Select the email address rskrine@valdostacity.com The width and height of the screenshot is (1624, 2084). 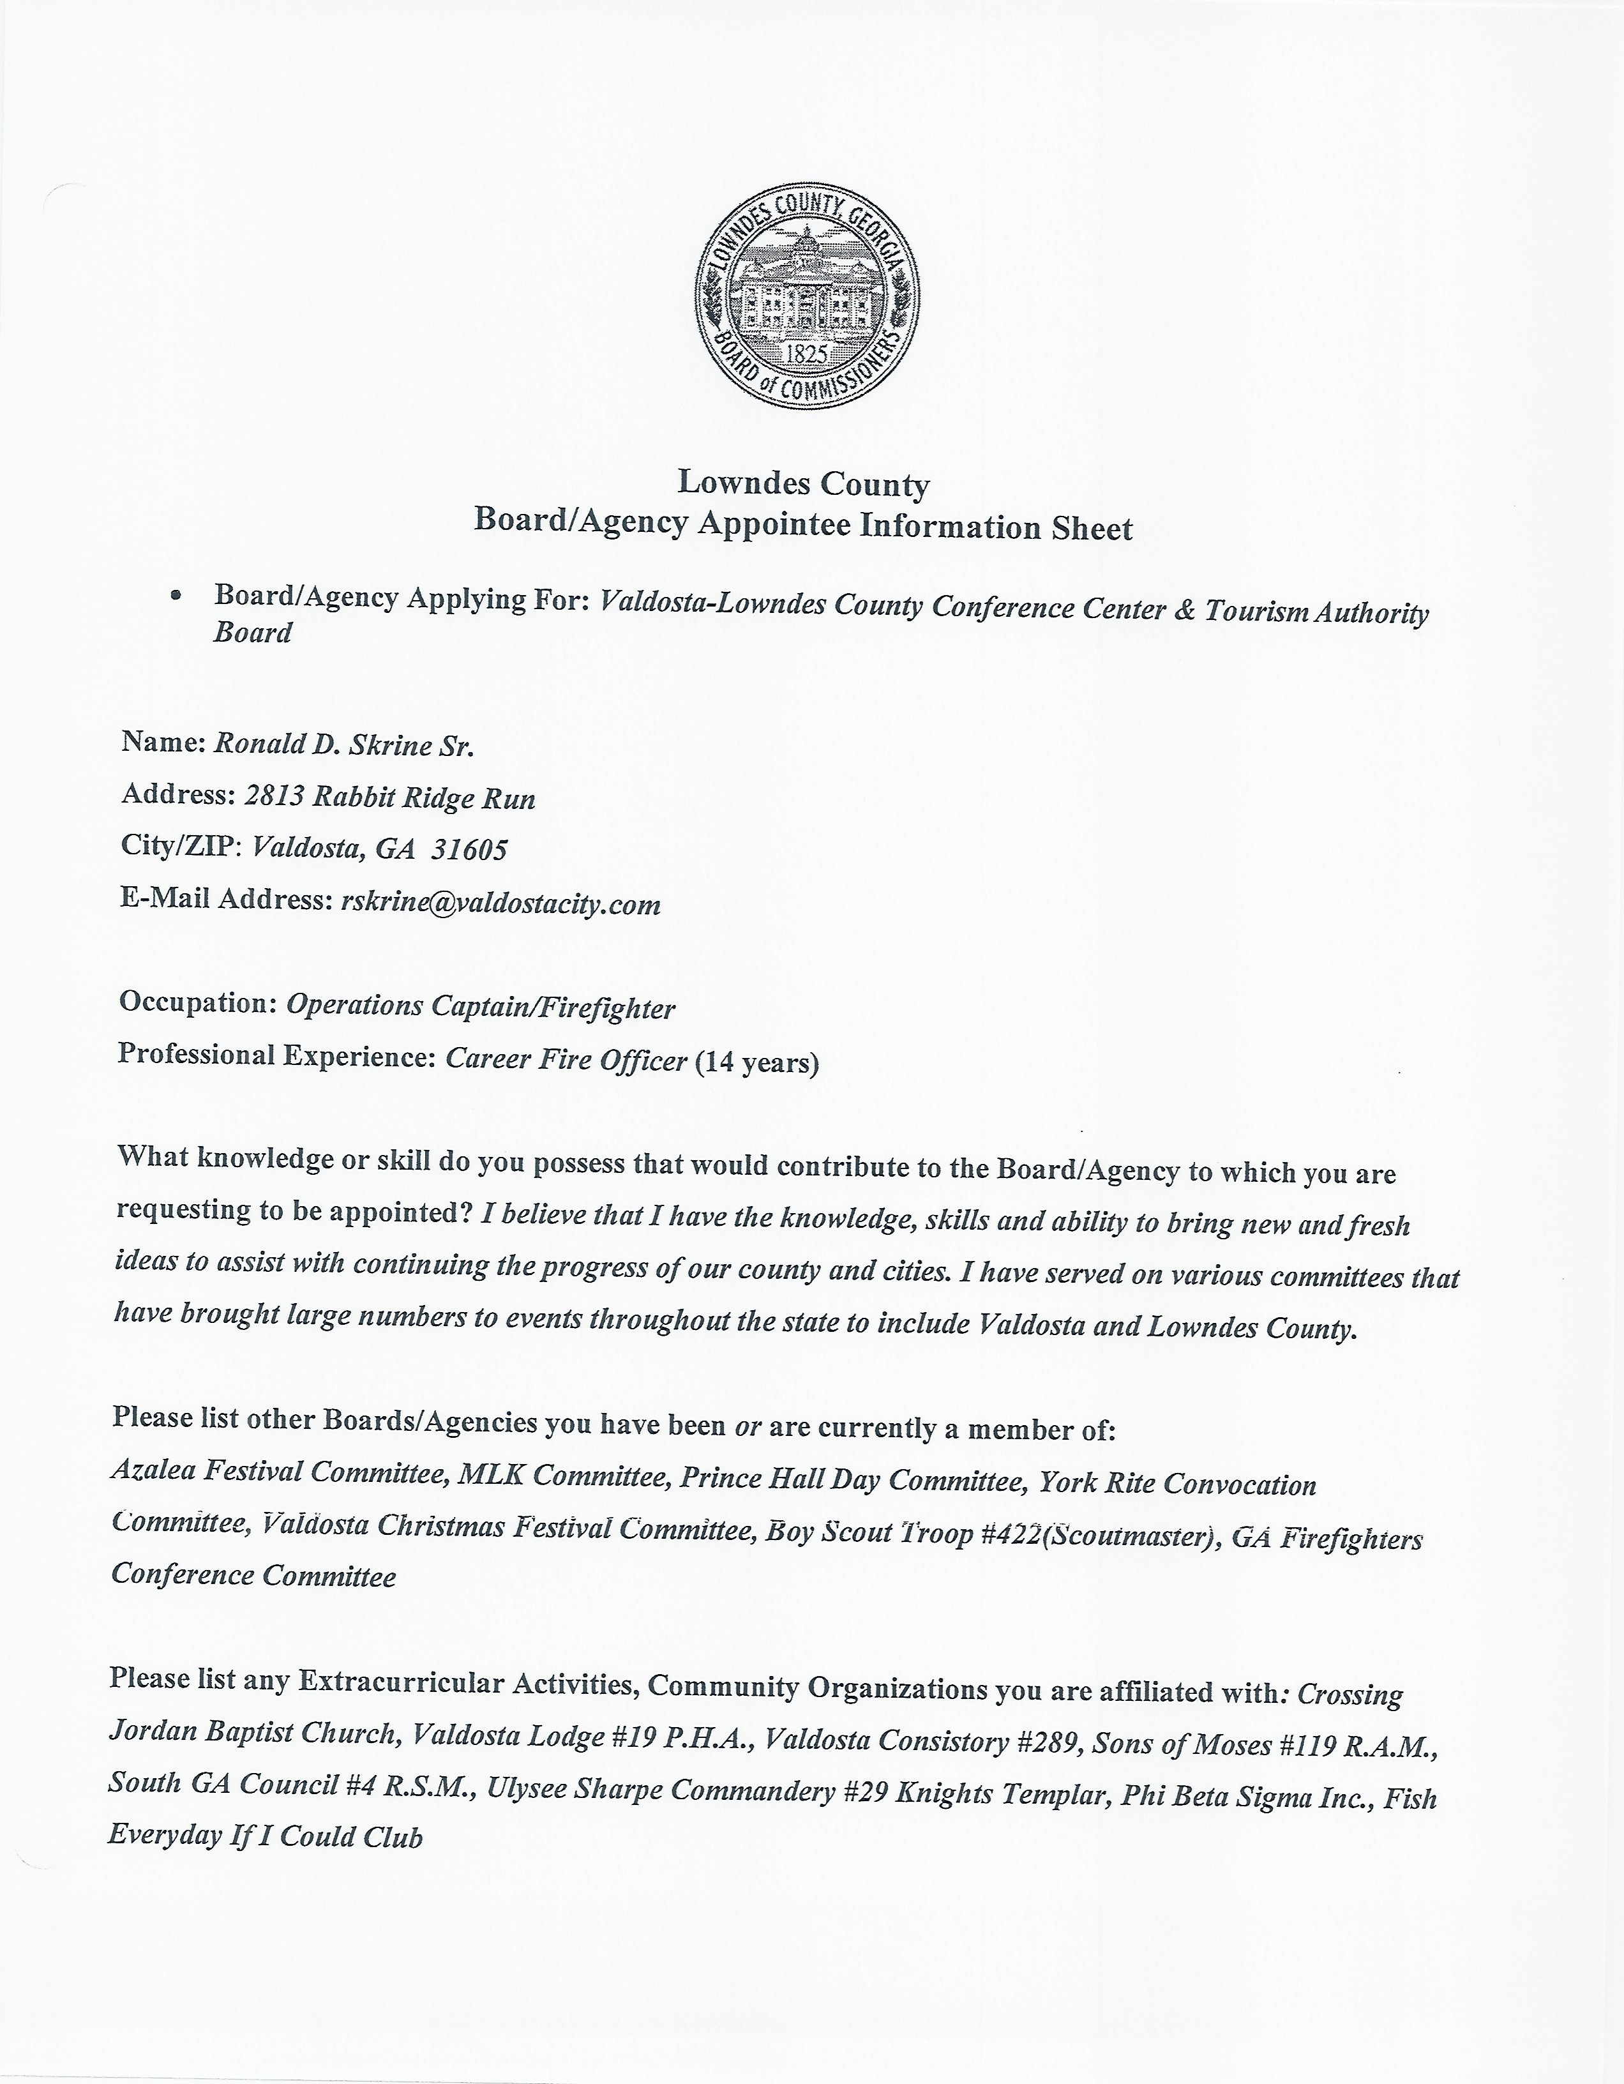(500, 903)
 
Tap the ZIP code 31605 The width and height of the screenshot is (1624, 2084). (469, 849)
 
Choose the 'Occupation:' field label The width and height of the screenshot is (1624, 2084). (197, 1004)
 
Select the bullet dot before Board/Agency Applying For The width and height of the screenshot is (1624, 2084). (175, 596)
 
